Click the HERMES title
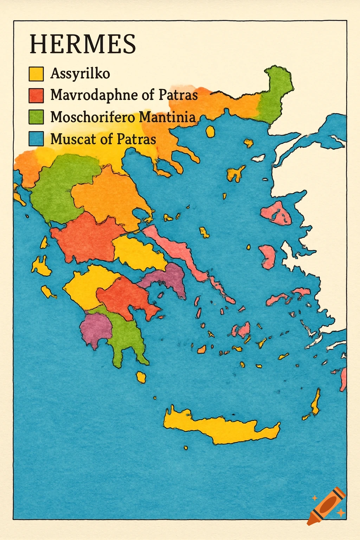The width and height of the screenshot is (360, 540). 83,44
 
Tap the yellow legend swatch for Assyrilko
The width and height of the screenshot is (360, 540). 36,74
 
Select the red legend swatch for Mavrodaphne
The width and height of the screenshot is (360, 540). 36,95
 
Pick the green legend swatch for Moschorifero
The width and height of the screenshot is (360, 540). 36,117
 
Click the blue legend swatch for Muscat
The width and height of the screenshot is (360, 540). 36,139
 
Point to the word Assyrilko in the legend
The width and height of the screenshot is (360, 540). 80,74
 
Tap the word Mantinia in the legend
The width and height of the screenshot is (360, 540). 167,117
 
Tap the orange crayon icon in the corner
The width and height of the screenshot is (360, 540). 327,506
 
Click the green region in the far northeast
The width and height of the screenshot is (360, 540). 276,95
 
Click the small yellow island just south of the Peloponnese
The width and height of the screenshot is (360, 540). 141,377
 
